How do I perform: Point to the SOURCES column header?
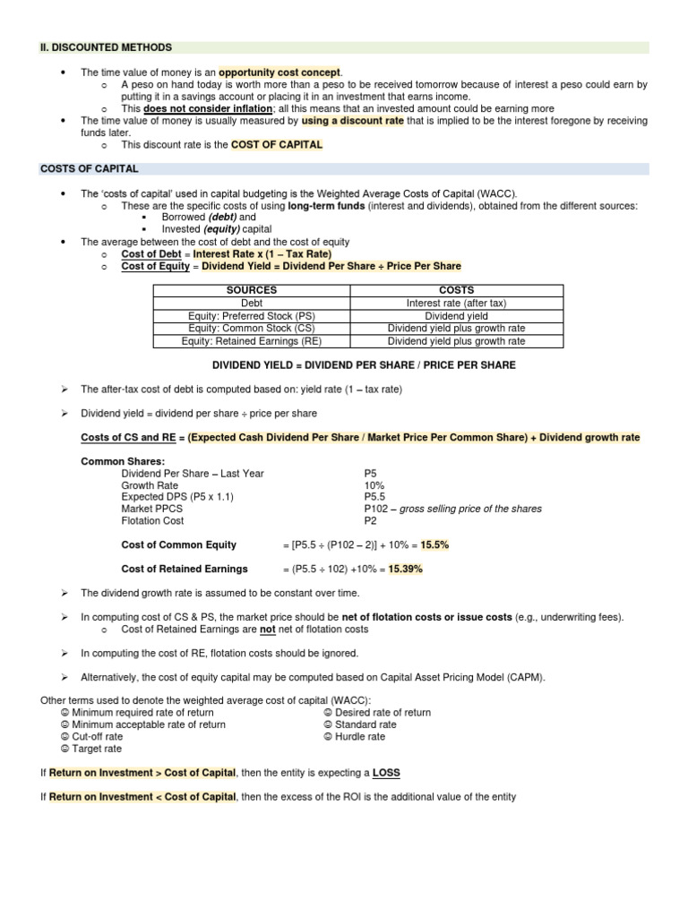click(252, 290)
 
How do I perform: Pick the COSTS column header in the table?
click(457, 290)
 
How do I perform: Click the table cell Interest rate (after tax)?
click(457, 303)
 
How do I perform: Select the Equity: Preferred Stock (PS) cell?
click(252, 315)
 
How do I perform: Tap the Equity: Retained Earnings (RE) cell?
click(252, 340)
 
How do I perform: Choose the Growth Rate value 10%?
click(374, 484)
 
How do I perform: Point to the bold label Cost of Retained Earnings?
click(185, 569)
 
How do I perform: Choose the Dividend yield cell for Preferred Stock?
click(457, 315)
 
